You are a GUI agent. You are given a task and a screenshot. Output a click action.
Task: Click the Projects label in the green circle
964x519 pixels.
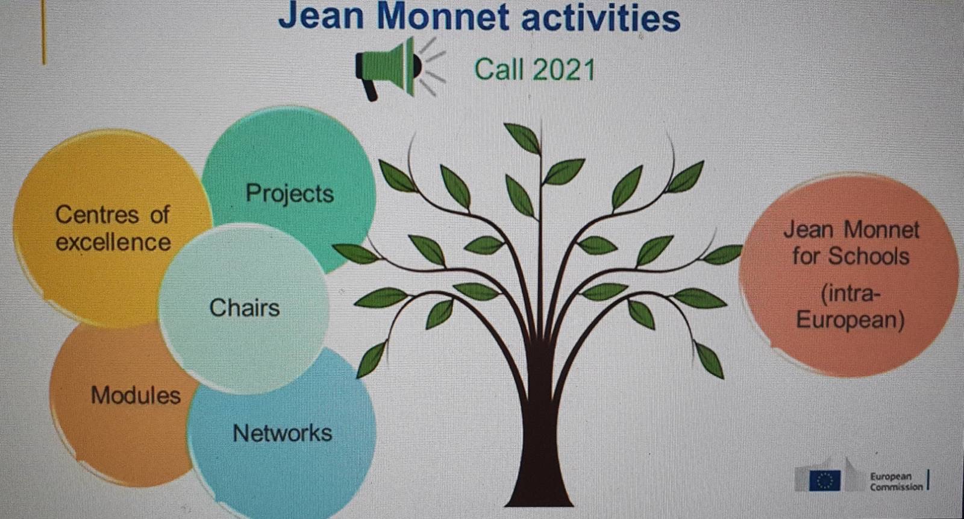(x=290, y=193)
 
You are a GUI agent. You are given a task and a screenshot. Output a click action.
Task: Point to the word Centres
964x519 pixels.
(x=97, y=215)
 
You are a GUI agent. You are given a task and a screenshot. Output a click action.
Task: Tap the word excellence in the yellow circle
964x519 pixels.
(x=113, y=242)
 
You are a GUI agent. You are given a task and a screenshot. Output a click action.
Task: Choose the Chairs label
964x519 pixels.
(x=245, y=308)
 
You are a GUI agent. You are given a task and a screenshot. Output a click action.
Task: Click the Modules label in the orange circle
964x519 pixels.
(x=136, y=395)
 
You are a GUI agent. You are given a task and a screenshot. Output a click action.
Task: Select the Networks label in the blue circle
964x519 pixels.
(x=283, y=433)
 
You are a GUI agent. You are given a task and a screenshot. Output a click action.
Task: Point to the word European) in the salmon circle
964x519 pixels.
(x=850, y=321)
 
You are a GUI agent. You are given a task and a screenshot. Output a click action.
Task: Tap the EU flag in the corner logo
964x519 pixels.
(x=825, y=480)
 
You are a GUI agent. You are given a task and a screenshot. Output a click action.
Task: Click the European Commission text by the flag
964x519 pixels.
(x=896, y=482)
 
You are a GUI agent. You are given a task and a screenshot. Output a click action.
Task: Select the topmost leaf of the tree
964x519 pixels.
(x=522, y=138)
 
